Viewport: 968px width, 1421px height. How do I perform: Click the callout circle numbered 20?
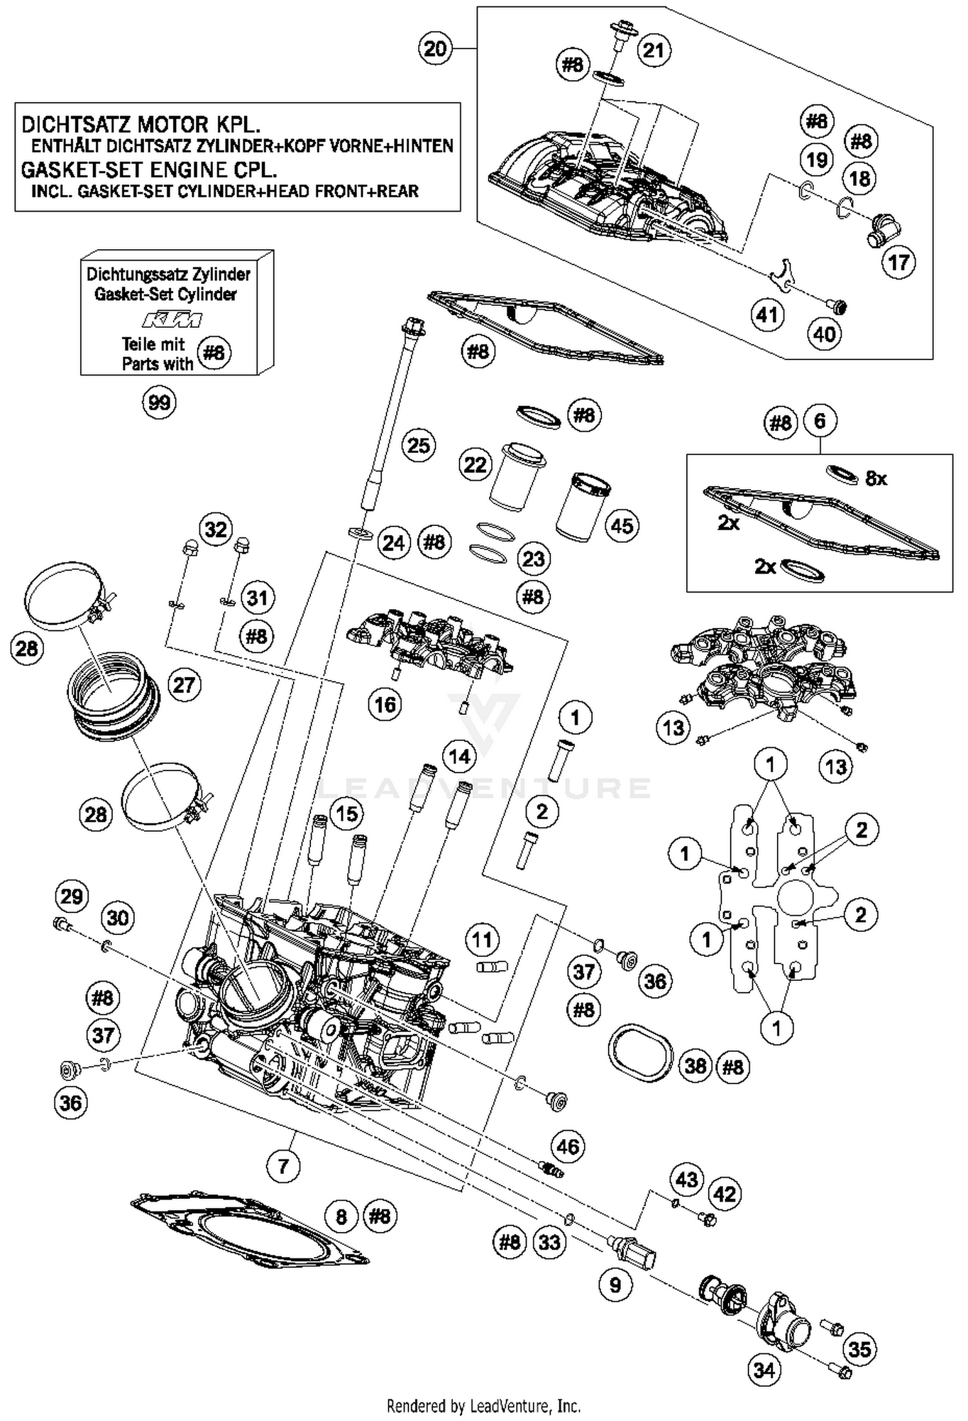coord(435,48)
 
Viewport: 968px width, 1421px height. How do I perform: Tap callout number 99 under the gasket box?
coord(159,402)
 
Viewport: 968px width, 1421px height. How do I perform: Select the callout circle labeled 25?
coord(418,445)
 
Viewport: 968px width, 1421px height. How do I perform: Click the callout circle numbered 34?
coord(764,1369)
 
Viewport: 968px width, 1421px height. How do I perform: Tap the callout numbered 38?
coord(695,1065)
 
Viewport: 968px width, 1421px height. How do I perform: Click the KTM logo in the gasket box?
coord(172,319)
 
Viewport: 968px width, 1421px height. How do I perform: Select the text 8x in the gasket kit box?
coord(876,478)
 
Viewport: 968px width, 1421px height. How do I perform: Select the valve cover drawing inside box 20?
coord(607,187)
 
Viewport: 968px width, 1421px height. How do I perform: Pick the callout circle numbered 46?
coord(568,1146)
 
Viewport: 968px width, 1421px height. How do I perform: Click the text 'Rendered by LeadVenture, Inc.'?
coord(483,1405)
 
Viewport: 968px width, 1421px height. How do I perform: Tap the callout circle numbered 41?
coord(767,315)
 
